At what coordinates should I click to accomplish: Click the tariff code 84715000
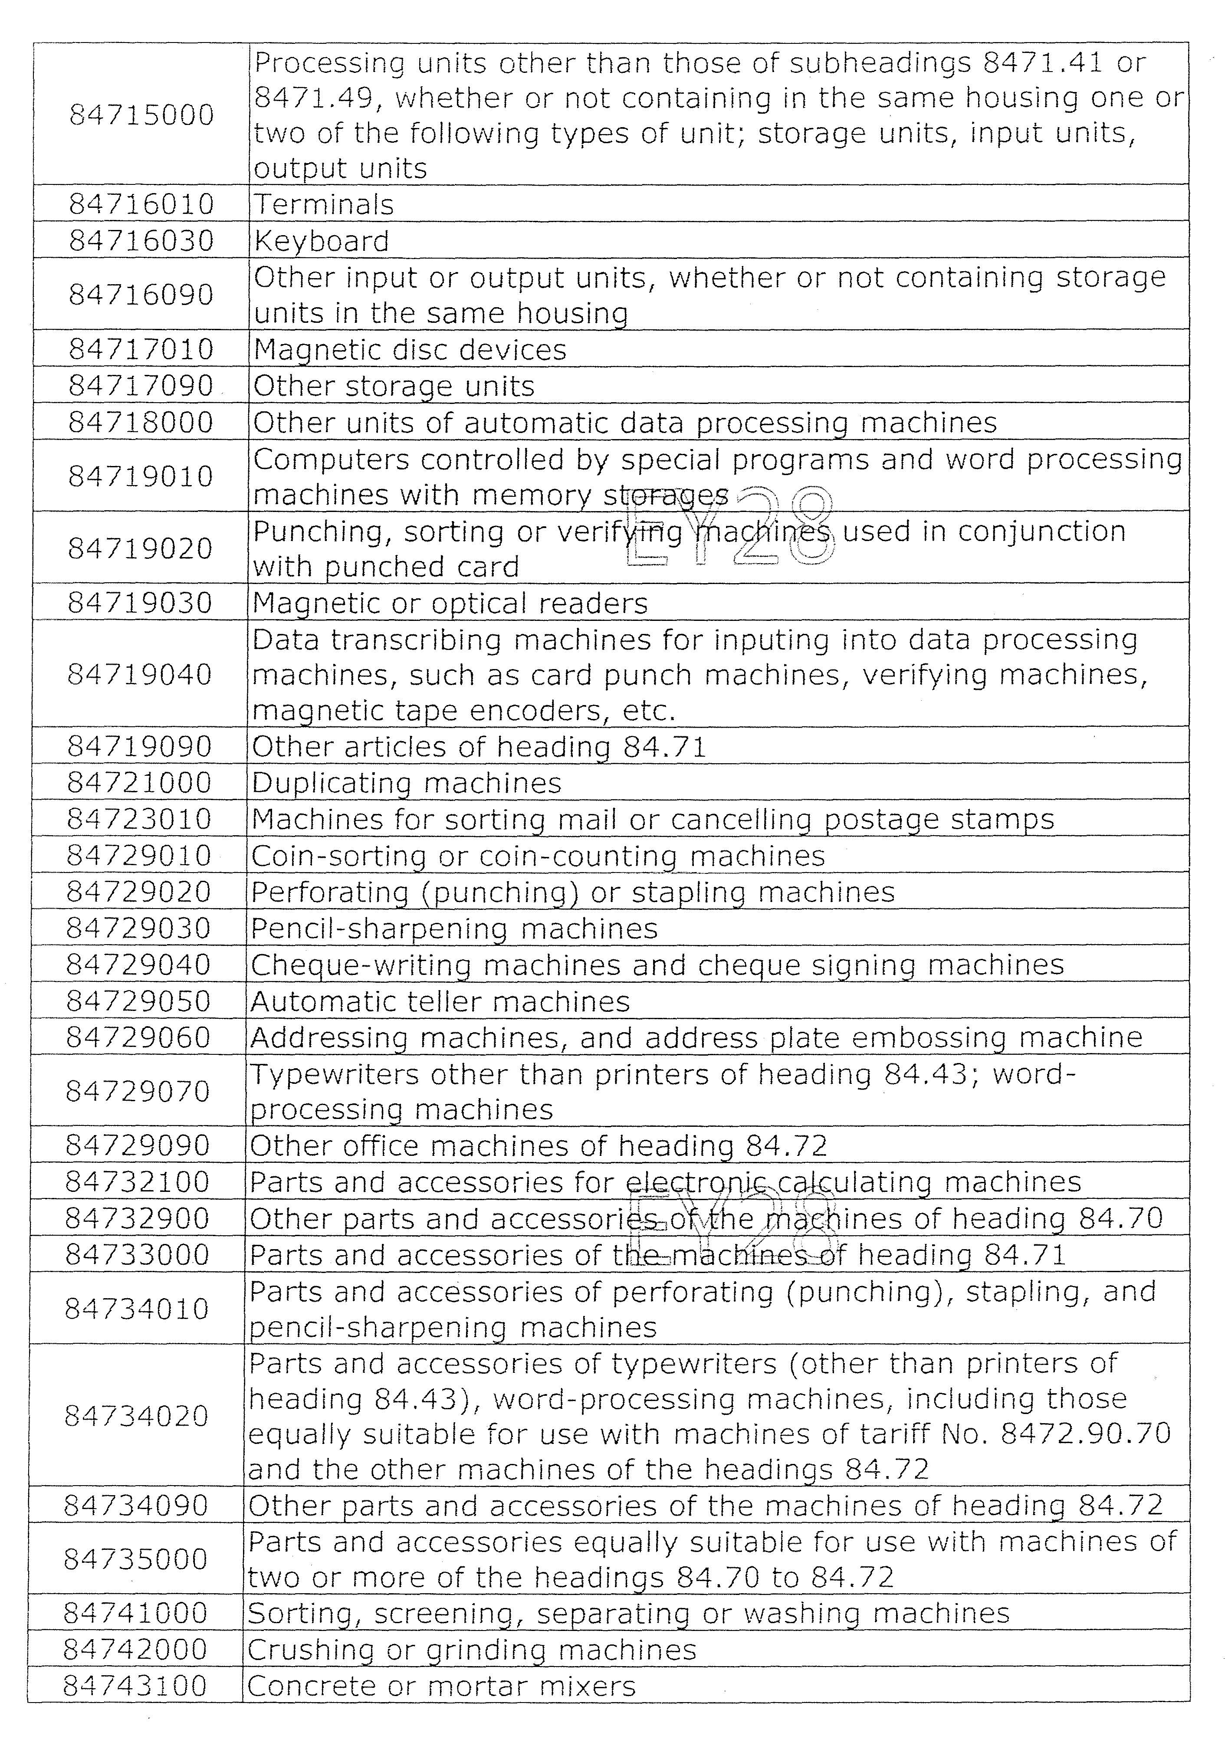pos(141,115)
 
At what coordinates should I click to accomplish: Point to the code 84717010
pos(141,349)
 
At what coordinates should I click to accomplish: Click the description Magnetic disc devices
pos(410,350)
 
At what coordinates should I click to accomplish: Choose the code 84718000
pos(141,422)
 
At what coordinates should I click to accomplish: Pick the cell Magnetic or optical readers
pos(450,603)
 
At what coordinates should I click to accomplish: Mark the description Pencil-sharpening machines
pos(454,929)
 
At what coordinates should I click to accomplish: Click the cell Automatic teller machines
pos(440,1001)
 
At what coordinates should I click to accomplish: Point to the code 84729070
pos(138,1091)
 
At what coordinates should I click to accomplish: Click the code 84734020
pos(136,1416)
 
